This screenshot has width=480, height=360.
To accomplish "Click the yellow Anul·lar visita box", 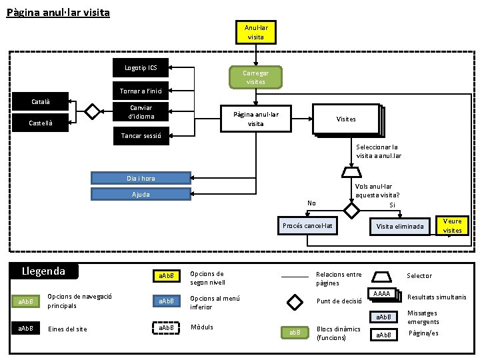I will [256, 32].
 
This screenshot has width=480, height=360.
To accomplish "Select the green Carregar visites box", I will [256, 77].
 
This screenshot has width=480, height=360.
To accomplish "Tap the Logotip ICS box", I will [141, 67].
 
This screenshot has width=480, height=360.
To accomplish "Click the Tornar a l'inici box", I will [141, 91].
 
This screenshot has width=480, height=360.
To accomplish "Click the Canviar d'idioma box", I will [141, 113].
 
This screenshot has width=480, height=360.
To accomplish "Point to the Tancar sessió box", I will [141, 136].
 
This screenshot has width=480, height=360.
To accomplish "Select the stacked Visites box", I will [346, 119].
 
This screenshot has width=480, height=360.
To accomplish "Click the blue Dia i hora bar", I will [141, 178].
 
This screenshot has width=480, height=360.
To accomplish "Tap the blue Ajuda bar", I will [141, 195].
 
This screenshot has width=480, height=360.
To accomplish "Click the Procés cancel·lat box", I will [307, 226].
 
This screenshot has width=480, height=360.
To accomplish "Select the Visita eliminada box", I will [400, 226].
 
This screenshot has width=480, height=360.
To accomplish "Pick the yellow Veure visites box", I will [452, 226].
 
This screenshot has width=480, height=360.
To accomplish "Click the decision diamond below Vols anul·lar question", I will [351, 209].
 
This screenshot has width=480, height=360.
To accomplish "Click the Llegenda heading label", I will [44, 271].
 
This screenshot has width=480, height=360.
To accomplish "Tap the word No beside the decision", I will [311, 203].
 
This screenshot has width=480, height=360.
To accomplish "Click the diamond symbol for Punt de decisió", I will [294, 301].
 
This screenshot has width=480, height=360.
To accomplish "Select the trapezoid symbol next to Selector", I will [382, 275].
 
